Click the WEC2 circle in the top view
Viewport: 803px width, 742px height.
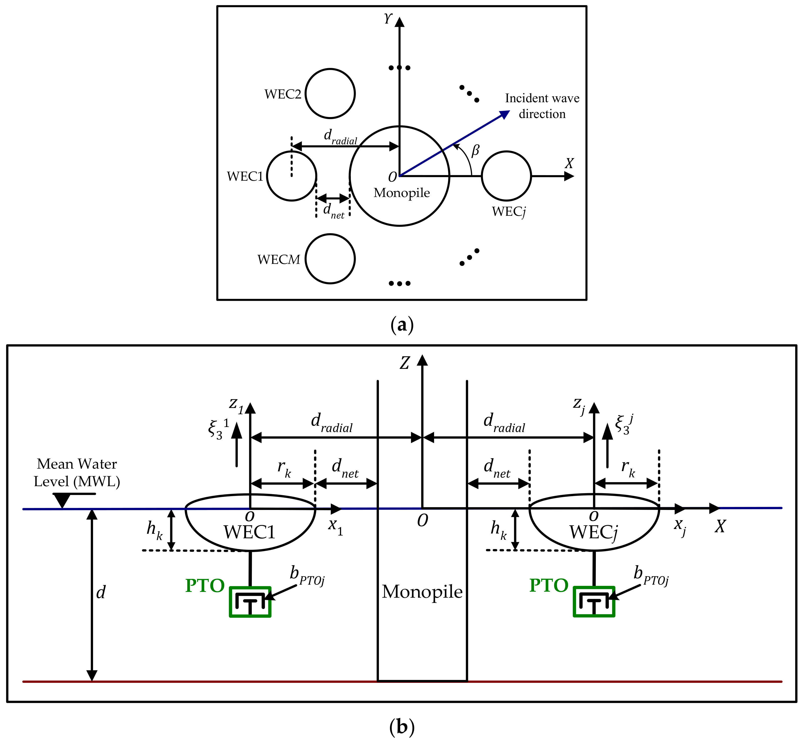coord(330,93)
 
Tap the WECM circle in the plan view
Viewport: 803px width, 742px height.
coord(330,259)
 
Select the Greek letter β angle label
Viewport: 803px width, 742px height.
coord(475,151)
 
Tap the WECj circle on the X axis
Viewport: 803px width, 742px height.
coord(506,176)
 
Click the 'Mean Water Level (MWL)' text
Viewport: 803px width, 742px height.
coord(77,473)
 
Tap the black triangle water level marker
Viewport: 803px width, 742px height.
coord(62,500)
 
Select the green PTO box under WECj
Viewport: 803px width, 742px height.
coord(594,601)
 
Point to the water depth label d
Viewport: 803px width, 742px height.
coord(101,592)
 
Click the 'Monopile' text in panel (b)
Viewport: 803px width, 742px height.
coord(422,592)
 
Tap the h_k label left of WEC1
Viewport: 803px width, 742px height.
coord(154,530)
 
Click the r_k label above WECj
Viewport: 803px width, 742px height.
coord(628,468)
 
